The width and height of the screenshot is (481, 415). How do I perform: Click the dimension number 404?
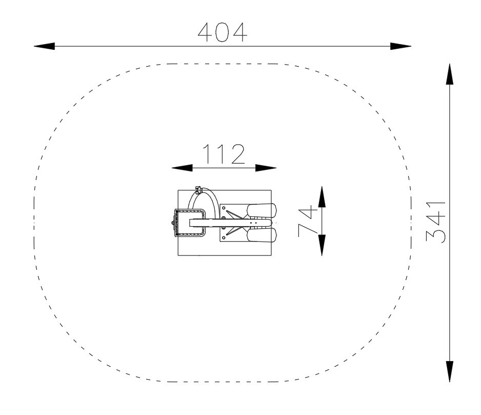tap(223, 32)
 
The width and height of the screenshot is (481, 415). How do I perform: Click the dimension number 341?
tap(436, 222)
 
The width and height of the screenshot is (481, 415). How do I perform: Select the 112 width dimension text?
tap(224, 154)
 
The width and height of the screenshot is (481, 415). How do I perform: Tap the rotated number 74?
tap(308, 221)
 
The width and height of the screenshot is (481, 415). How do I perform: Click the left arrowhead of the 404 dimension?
tap(44, 46)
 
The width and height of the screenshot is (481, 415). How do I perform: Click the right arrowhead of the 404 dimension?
tap(400, 46)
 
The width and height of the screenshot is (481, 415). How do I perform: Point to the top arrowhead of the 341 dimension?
tap(450, 74)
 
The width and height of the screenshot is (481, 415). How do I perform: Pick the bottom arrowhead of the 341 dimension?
tap(450, 371)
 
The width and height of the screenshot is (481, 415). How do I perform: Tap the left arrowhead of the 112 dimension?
tap(182, 168)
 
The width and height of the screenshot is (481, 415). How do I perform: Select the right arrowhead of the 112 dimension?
tap(266, 168)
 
